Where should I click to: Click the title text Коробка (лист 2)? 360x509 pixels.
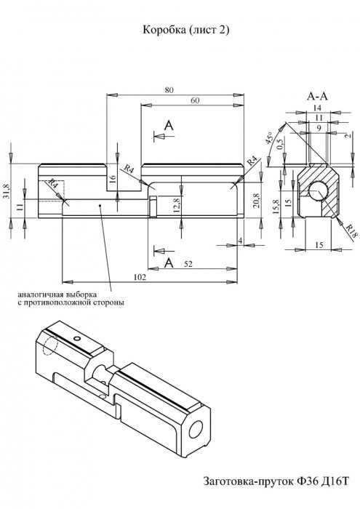click(186, 31)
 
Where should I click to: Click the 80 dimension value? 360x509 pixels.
click(169, 90)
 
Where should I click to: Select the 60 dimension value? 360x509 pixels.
click(195, 100)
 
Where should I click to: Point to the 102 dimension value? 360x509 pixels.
click(140, 277)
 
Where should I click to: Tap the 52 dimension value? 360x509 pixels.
click(188, 264)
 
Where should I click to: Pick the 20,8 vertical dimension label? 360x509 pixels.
click(256, 200)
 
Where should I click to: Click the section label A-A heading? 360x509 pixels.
click(317, 96)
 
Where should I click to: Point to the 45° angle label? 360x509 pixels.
click(270, 138)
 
